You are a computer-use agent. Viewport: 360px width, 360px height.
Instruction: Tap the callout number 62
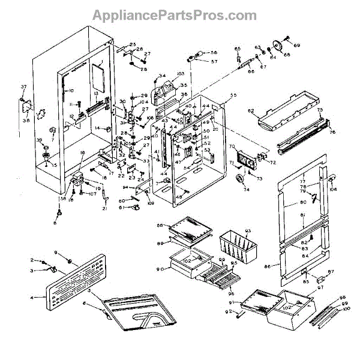click(251, 112)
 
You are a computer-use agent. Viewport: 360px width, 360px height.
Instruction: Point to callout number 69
click(296, 46)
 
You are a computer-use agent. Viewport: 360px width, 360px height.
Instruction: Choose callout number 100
click(346, 309)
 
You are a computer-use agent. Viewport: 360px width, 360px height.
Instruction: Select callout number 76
click(332, 133)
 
